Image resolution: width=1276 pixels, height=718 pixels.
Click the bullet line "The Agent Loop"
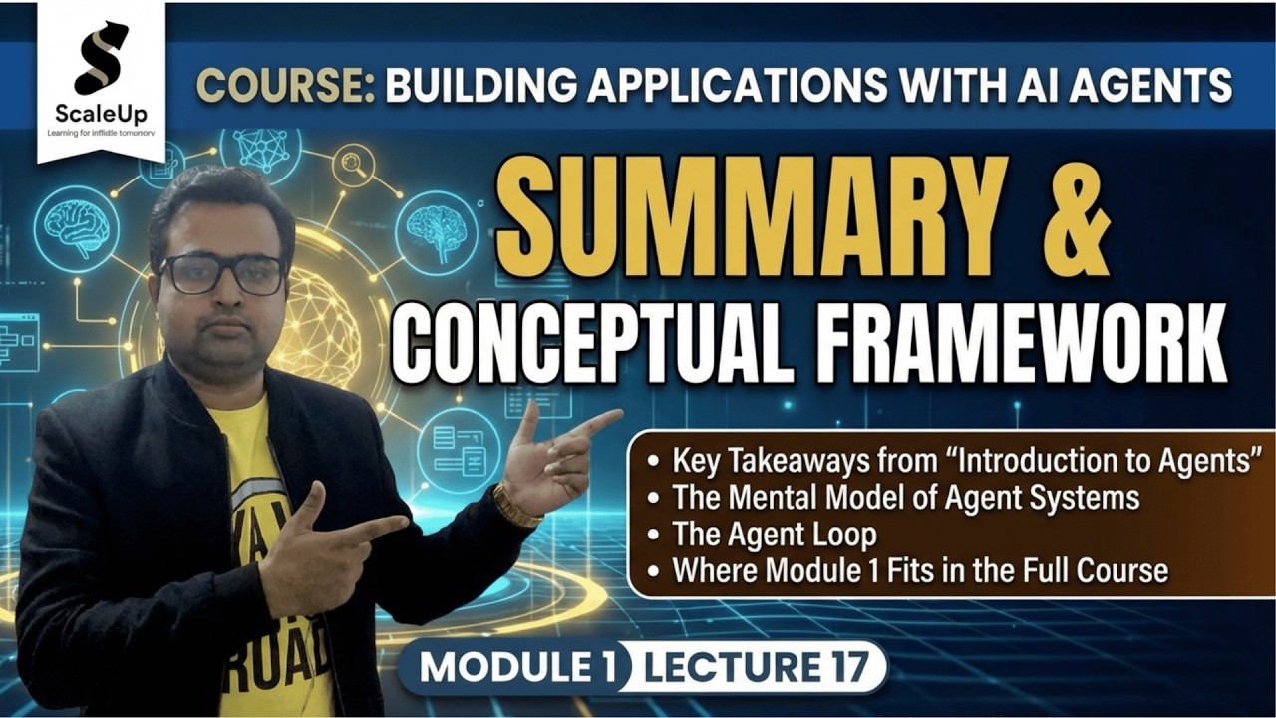(774, 534)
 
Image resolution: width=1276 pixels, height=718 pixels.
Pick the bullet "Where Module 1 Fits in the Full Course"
(919, 570)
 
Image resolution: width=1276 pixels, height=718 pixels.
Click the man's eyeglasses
(221, 273)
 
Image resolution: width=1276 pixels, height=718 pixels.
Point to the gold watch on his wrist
(515, 507)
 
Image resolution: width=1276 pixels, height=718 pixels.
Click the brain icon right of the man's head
(436, 231)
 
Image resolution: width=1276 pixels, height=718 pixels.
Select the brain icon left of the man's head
(77, 228)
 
